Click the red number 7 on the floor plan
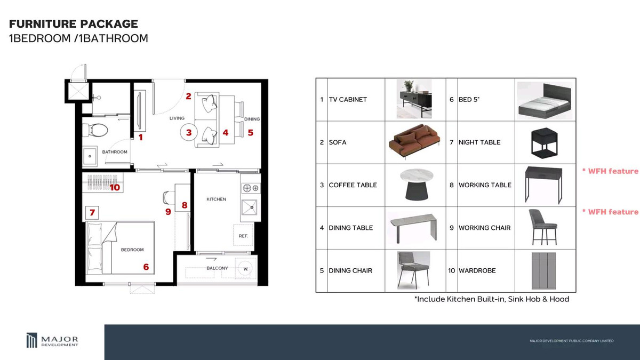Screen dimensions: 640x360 (92, 213)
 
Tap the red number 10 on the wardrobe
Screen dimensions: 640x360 (115, 187)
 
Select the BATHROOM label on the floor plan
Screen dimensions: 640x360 (115, 152)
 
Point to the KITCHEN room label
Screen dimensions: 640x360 (217, 199)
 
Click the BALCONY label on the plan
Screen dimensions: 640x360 (217, 268)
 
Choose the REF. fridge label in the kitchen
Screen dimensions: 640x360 (243, 236)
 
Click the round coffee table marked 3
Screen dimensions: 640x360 (189, 132)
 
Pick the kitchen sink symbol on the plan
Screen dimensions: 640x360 (250, 207)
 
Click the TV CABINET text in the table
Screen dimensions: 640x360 (348, 99)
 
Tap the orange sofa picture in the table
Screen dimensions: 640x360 (414, 141)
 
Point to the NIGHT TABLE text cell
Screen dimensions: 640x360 (479, 142)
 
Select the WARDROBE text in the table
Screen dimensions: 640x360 (477, 270)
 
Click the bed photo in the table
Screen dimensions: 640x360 (545, 101)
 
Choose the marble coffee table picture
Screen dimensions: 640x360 (417, 185)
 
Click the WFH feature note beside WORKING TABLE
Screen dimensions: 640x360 (610, 171)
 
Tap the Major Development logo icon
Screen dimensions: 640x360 (31, 340)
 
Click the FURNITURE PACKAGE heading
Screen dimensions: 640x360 (74, 23)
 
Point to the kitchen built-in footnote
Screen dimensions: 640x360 (492, 299)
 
